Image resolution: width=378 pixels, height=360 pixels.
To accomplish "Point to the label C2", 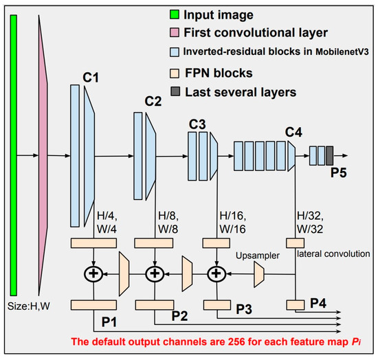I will (153, 101).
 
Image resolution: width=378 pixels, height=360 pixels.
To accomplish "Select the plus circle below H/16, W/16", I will (216, 273).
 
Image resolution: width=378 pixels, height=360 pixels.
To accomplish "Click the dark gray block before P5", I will (330, 155).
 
